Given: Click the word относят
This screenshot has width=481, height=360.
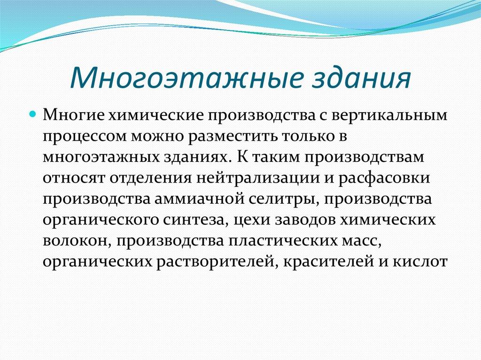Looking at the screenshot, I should [74, 178].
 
